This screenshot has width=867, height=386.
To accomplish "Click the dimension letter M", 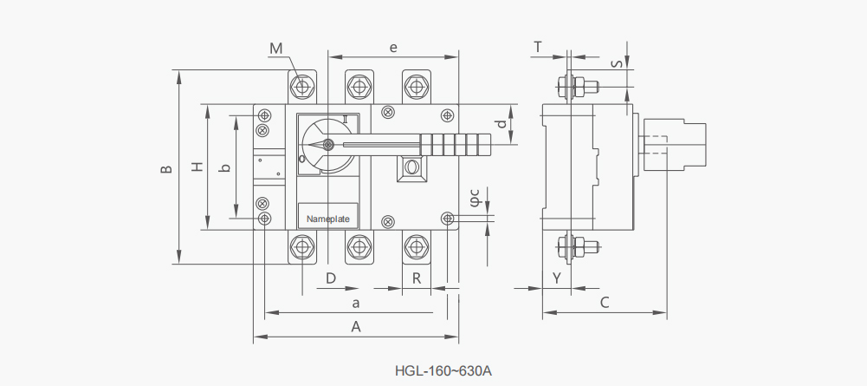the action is (276, 49).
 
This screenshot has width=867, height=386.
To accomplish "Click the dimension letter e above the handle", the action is (393, 49).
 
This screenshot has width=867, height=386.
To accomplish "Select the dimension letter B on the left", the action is (166, 169).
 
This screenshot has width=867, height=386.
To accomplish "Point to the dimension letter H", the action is (197, 167).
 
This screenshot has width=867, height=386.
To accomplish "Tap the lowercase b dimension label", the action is (224, 167).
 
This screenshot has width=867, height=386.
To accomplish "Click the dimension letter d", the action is (501, 124).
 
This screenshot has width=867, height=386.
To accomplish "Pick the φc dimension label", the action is (475, 200).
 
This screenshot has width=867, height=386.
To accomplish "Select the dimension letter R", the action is (417, 278).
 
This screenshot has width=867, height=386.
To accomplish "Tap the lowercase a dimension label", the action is (356, 303).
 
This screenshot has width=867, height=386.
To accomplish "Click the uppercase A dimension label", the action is (356, 327).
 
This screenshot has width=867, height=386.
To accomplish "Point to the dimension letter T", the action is (538, 48).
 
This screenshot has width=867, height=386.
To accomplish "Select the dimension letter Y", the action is (557, 278).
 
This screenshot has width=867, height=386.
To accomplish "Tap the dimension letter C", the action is (605, 303).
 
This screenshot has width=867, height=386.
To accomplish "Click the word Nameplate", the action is (328, 219).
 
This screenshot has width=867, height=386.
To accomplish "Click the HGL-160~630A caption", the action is (443, 370).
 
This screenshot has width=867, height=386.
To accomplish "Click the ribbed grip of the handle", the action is (456, 145).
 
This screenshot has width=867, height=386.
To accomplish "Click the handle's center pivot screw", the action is (328, 145).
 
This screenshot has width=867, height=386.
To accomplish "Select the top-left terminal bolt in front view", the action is (302, 87).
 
